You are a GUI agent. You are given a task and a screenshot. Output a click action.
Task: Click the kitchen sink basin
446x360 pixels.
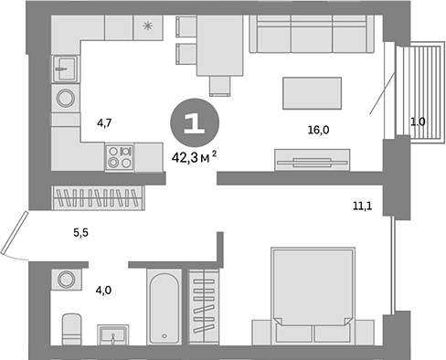(x=64, y=66)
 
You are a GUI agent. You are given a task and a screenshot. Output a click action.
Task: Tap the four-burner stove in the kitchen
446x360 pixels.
(x=121, y=157)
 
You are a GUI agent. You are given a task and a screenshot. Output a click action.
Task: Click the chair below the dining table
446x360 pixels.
(x=219, y=86)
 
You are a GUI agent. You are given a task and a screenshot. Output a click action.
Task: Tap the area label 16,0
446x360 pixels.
(x=318, y=130)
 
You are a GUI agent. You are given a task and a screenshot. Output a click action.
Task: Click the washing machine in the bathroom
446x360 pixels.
(x=65, y=280)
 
